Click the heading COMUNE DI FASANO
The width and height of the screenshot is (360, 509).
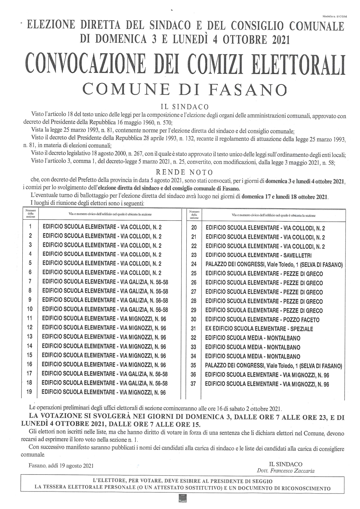185,89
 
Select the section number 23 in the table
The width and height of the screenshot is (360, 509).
194,255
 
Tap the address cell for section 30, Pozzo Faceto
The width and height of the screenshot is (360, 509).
262,320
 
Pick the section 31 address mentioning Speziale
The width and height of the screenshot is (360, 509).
259,329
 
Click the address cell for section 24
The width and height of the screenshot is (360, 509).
274,265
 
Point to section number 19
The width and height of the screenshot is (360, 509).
29,392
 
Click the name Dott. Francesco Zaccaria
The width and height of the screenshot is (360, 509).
285,471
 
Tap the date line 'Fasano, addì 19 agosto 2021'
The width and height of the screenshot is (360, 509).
61,466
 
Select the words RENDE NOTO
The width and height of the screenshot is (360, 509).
184,173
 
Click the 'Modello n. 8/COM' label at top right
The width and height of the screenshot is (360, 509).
334,17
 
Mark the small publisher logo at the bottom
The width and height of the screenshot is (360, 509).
183,498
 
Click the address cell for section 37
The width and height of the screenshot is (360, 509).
267,384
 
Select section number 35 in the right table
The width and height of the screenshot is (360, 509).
193,366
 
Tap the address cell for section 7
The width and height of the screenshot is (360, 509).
105,282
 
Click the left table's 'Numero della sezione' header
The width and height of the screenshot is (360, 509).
30,214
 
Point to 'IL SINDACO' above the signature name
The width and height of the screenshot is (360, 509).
285,464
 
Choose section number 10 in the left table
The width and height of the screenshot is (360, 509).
30,309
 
